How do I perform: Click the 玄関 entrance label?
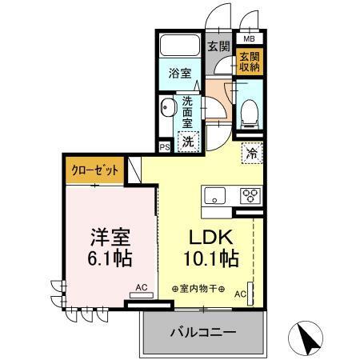pyautogui.click(x=218, y=46)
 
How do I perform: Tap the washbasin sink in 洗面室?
pyautogui.click(x=168, y=107)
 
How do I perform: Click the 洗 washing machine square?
pyautogui.click(x=186, y=142)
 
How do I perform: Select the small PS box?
pyautogui.click(x=163, y=146)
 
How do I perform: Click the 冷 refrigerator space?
pyautogui.click(x=251, y=153)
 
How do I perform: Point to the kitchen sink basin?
pyautogui.click(x=217, y=196)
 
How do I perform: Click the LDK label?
pyautogui.click(x=209, y=238)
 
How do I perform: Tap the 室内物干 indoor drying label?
pyautogui.click(x=198, y=289)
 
